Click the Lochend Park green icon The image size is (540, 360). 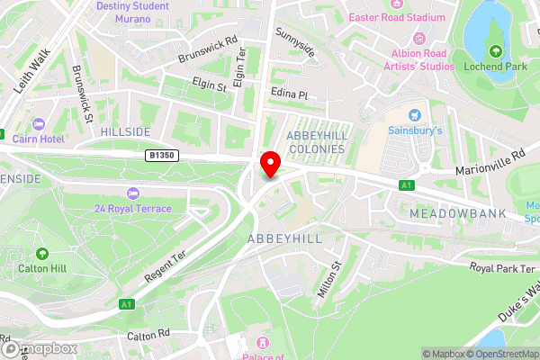click(495, 49)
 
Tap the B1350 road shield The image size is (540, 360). click(162, 156)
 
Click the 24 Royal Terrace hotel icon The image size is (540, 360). click(134, 193)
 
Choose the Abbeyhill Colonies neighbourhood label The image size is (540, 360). click(315, 141)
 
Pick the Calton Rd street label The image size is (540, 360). click(149, 334)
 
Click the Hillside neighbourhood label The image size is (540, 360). click(126, 131)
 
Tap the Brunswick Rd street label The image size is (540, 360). click(208, 49)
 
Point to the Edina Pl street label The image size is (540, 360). click(290, 94)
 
